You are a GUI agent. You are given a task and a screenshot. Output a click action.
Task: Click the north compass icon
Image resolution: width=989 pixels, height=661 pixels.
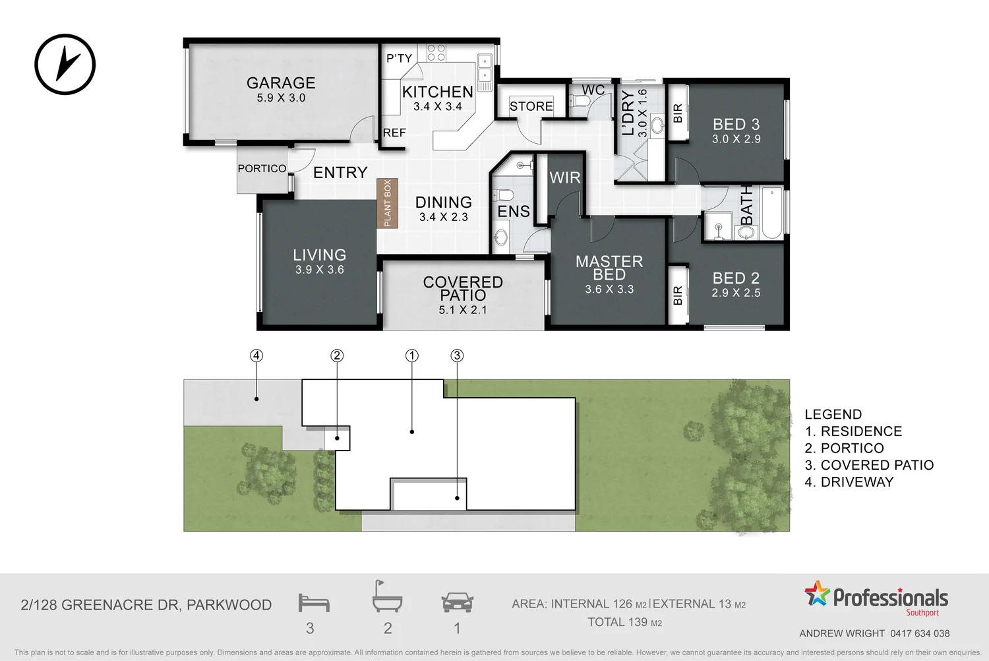(x=65, y=65)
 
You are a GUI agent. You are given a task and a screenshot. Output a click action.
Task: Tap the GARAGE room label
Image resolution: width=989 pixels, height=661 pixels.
(x=281, y=83)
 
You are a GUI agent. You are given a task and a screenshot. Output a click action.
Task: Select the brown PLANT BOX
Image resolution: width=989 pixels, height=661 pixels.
(x=387, y=203)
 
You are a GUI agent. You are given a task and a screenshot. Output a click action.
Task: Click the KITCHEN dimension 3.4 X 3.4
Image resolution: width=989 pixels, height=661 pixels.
(x=438, y=107)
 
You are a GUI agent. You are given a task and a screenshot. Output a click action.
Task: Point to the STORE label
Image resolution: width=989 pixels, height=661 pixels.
(x=531, y=106)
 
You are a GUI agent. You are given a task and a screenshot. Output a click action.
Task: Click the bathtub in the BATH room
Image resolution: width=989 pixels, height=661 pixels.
(x=771, y=214)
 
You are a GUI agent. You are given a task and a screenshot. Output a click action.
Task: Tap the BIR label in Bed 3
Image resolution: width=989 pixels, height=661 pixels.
(x=678, y=113)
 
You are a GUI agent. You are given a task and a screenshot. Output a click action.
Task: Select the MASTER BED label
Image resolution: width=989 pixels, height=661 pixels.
(x=609, y=268)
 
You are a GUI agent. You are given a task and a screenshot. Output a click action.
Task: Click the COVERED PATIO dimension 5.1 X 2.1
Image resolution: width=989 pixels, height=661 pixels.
(x=463, y=310)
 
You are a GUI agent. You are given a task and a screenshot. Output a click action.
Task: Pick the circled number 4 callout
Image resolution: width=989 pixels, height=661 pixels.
(x=256, y=356)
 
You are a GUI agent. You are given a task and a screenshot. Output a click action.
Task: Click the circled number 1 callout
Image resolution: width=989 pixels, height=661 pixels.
(x=412, y=356)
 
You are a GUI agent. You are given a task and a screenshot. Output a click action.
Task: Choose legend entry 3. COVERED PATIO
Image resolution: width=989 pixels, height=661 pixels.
(x=869, y=465)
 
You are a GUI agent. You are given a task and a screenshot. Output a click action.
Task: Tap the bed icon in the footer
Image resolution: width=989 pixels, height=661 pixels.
(x=313, y=603)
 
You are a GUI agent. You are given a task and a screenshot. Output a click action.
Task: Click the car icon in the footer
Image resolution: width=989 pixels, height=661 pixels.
(x=457, y=602)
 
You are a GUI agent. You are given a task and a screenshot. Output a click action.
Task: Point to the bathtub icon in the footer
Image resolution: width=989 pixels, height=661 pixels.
(x=386, y=598)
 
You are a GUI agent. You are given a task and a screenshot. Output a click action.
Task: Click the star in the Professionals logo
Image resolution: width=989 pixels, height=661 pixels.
(x=817, y=594)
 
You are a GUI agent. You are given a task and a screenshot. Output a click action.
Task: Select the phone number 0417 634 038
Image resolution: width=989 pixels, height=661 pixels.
(x=920, y=633)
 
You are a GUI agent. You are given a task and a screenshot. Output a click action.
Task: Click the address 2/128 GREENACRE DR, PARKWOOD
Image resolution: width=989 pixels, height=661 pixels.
(x=146, y=605)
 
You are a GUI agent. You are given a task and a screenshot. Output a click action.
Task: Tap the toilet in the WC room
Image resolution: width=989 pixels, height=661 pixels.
(x=581, y=102)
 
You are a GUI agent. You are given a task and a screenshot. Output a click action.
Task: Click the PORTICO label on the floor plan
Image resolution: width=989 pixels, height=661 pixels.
(x=262, y=169)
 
